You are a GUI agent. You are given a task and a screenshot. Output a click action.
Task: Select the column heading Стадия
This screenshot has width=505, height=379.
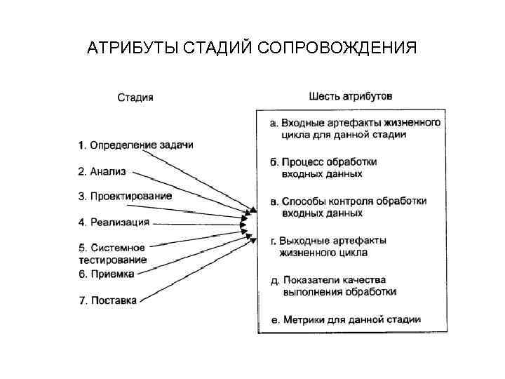(135, 98)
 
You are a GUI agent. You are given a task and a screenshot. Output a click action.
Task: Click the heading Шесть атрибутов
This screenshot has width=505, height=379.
(351, 95)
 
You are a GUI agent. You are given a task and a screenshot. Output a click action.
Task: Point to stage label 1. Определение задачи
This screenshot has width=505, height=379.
(135, 145)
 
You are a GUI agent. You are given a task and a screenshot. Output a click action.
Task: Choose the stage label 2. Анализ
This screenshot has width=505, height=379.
(103, 171)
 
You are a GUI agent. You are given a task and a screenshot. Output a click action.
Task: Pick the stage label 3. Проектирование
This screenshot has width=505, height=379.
(125, 196)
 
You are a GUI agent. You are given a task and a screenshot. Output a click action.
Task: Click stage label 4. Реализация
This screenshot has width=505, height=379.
(114, 222)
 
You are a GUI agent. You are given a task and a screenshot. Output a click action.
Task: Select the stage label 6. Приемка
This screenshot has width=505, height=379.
(106, 274)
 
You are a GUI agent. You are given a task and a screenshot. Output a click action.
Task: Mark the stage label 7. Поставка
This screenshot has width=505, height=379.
(107, 300)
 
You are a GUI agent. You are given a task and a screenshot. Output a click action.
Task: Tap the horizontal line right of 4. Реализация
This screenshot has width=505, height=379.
(196, 223)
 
